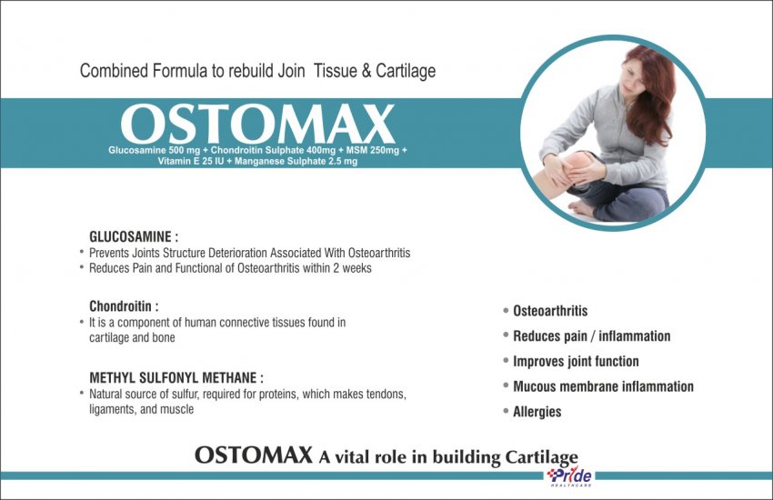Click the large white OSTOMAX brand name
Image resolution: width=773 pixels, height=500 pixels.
pos(257,124)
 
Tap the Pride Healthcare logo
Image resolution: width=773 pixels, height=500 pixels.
pos(569,477)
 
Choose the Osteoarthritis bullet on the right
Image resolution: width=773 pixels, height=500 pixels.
pos(550,311)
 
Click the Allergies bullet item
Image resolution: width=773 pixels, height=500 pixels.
pos(537,411)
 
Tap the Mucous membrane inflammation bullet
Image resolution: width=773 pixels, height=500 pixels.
pos(603,386)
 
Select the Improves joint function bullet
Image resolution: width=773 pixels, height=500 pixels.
pos(576,361)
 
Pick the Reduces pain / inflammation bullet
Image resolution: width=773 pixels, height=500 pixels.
pos(592,336)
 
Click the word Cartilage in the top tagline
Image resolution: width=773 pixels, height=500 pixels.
pos(406,71)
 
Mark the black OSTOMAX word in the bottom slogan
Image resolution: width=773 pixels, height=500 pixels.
pos(254,455)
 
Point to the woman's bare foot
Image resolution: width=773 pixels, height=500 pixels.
pos(582,208)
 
